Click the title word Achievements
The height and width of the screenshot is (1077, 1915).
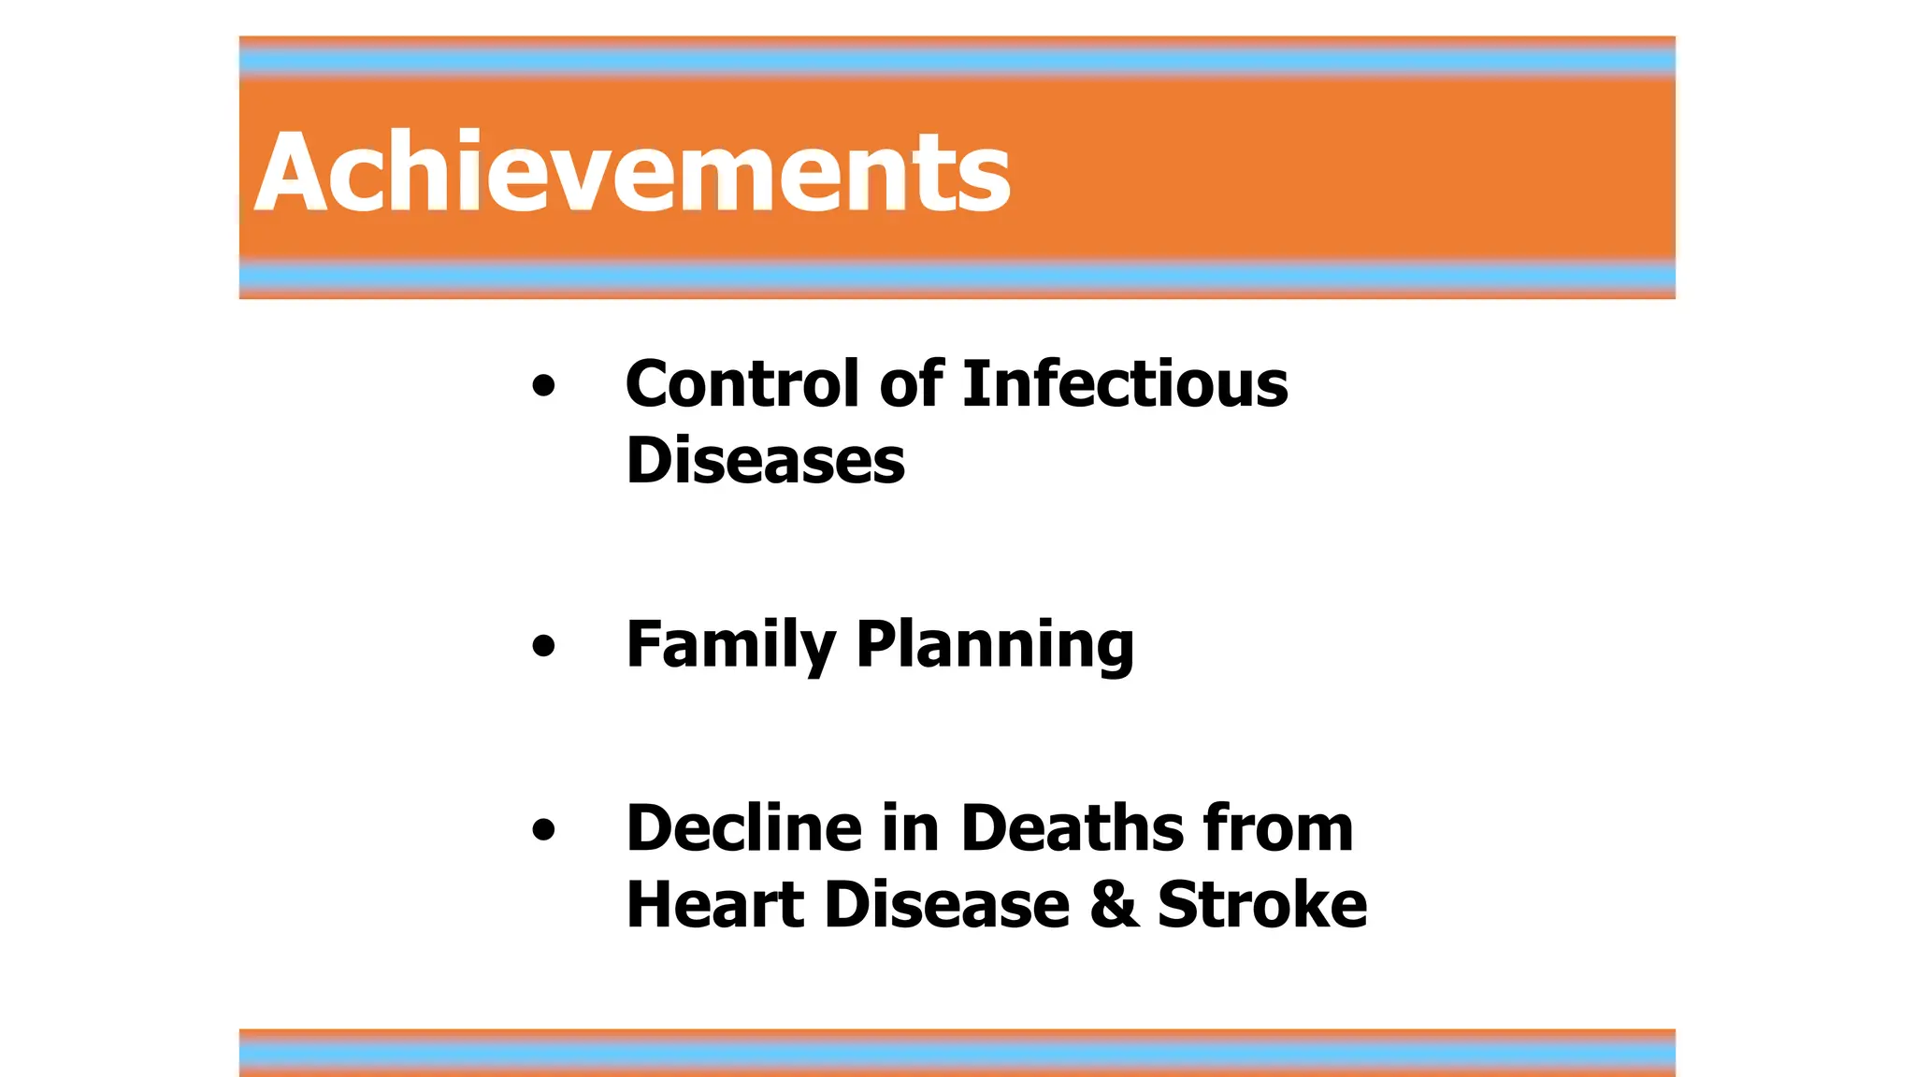[x=632, y=172]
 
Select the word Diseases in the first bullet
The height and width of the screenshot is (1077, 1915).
[x=765, y=461]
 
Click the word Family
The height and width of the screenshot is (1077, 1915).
[x=730, y=645]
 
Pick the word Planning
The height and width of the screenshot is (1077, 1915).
[x=995, y=645]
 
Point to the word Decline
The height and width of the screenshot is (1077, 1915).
[x=743, y=828]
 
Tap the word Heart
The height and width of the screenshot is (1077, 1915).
[x=714, y=905]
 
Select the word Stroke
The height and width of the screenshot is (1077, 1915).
[x=1261, y=905]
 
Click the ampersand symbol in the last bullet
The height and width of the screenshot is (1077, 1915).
[x=1115, y=905]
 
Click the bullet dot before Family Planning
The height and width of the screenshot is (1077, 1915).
[x=543, y=646]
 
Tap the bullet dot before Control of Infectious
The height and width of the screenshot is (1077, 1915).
[x=543, y=385]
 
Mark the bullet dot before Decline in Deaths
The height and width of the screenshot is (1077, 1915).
[x=543, y=829]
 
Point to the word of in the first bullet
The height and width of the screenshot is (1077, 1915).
[x=911, y=383]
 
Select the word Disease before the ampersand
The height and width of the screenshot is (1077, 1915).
[x=946, y=905]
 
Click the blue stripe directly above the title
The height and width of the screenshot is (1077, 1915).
[x=957, y=62]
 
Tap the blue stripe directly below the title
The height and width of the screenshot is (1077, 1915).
[x=957, y=276]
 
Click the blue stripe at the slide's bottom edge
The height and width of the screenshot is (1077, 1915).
[x=957, y=1055]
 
